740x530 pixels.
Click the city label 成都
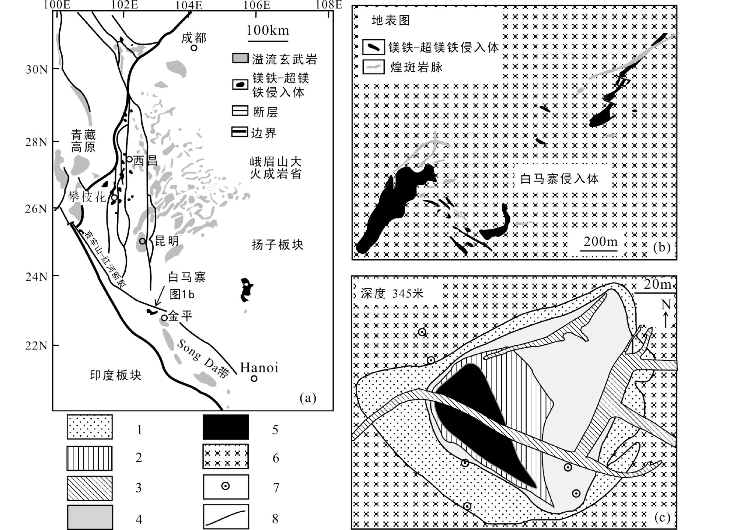[x=194, y=38]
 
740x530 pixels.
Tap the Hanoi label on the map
[x=259, y=368]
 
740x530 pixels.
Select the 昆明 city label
[x=167, y=241]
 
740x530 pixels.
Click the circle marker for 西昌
[x=129, y=159]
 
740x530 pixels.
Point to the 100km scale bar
[x=268, y=40]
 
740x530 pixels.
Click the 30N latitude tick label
[x=36, y=69]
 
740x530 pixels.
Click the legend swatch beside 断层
[x=240, y=111]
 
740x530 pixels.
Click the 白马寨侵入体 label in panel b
[x=559, y=179]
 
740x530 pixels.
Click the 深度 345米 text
[x=392, y=294]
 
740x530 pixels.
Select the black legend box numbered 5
[x=226, y=427]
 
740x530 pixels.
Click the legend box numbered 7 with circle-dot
[x=226, y=487]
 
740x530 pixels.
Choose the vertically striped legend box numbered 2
[x=90, y=458]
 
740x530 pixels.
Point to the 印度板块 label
[x=116, y=375]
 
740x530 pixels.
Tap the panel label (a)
[x=308, y=398]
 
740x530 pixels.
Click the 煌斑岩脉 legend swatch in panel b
[x=374, y=67]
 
